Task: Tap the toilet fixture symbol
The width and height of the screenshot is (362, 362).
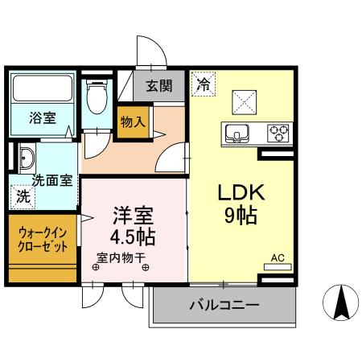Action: click(x=97, y=100)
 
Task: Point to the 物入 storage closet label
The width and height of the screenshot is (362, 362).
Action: click(x=132, y=122)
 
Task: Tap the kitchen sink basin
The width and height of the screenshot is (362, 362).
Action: click(x=239, y=131)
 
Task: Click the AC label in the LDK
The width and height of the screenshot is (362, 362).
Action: click(x=278, y=257)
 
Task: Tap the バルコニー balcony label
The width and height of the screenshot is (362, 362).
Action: click(x=224, y=306)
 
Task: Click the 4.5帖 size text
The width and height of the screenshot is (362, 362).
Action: click(x=133, y=238)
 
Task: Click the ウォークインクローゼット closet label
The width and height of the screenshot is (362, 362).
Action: click(x=44, y=239)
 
